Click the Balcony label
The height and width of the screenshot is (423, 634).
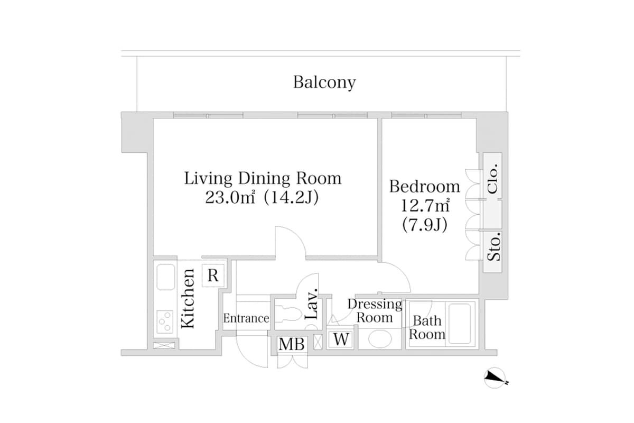point(324,82)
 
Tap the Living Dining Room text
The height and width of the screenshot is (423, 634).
point(263,178)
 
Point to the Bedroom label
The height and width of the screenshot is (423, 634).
point(424,187)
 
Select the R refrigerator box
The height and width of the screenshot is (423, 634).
point(213,275)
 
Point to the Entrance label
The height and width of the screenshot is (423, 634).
point(246,318)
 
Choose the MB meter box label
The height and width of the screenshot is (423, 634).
point(292,344)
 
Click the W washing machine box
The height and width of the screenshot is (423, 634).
point(342,339)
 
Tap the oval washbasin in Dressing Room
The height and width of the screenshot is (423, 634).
point(379,339)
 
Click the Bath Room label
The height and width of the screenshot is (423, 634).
point(427,327)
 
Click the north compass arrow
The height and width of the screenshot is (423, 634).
point(496,378)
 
